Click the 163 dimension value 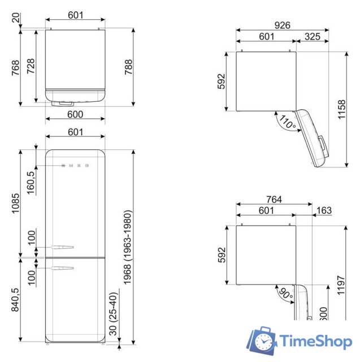coord(324,211)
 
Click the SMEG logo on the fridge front coord(75,166)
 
